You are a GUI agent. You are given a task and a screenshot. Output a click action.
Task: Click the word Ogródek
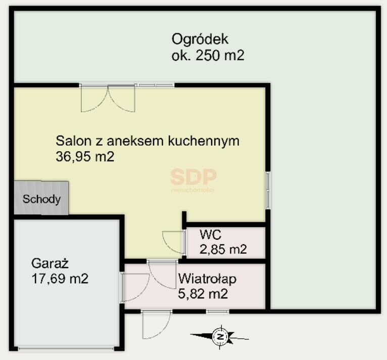tap(200, 39)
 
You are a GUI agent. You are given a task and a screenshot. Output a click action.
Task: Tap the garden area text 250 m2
tap(220, 55)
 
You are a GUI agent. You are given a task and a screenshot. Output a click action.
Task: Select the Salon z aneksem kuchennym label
tap(148, 141)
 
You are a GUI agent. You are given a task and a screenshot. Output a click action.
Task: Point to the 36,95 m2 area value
tap(85, 156)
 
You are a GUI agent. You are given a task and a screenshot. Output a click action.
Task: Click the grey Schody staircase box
tap(41, 198)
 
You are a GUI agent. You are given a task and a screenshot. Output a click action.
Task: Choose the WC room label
tap(210, 235)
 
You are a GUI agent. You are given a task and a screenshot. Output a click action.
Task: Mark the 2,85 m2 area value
tap(223, 249)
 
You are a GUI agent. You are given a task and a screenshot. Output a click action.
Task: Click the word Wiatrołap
tap(207, 279)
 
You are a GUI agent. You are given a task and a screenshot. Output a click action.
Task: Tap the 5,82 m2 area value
tap(203, 294)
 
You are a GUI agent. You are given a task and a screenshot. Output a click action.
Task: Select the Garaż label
tap(50, 263)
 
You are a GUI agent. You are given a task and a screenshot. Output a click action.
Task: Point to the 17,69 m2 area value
tap(60, 279)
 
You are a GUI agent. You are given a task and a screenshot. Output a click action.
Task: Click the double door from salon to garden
tap(108, 98)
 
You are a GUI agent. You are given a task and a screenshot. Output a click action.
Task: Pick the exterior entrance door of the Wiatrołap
tap(156, 324)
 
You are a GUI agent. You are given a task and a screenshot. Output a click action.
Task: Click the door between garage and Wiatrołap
tap(134, 287)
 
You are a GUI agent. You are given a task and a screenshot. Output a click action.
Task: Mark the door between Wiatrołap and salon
tap(162, 274)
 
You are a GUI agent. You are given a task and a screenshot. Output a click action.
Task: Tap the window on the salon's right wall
tap(268, 190)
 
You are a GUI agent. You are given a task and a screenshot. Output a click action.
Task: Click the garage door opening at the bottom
tap(66, 349)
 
